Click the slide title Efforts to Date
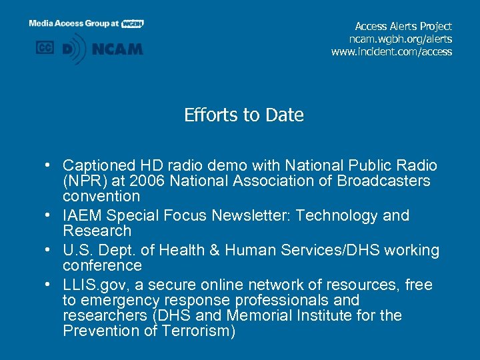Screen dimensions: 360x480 tap(244, 115)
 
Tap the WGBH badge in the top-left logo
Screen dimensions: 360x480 tap(133, 23)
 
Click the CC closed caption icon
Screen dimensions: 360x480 tap(44, 48)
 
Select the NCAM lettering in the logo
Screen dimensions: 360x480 tap(117, 49)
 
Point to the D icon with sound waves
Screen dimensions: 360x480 tap(73, 49)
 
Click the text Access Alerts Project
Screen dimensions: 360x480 tap(403, 26)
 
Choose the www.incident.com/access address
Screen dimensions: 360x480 tap(391, 51)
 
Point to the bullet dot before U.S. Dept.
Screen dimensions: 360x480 tap(50, 251)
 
